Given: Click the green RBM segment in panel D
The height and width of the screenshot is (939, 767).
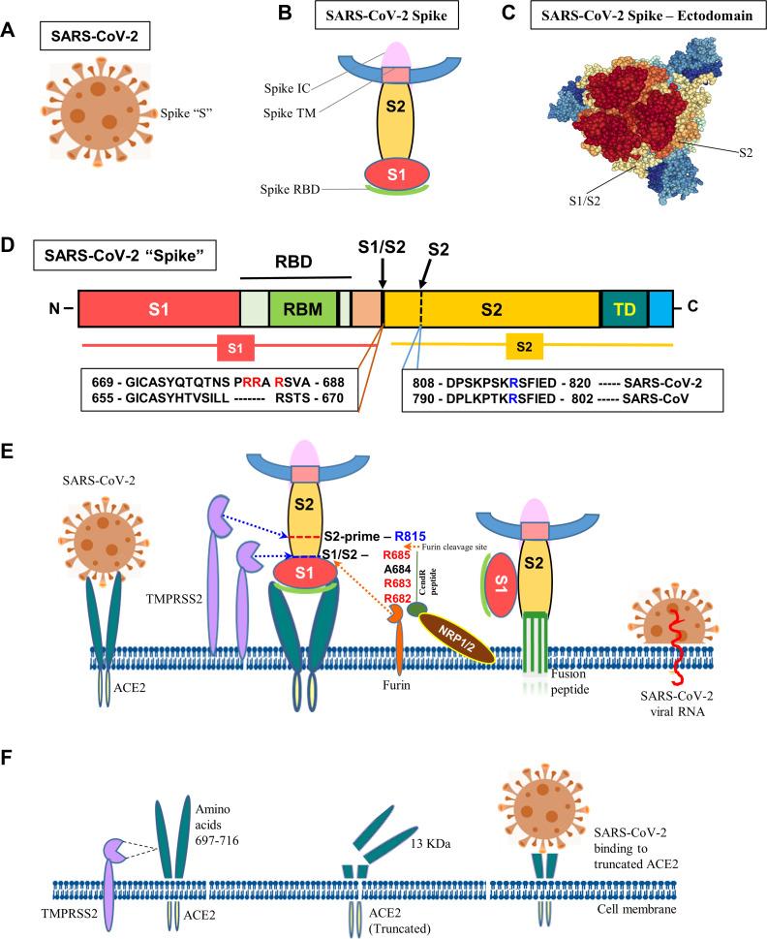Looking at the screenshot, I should click(x=302, y=308).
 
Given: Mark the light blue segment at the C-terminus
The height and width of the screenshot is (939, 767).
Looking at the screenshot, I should click(x=660, y=308).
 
